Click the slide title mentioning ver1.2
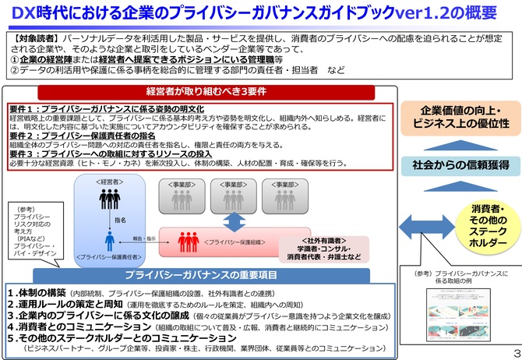[260, 12]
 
